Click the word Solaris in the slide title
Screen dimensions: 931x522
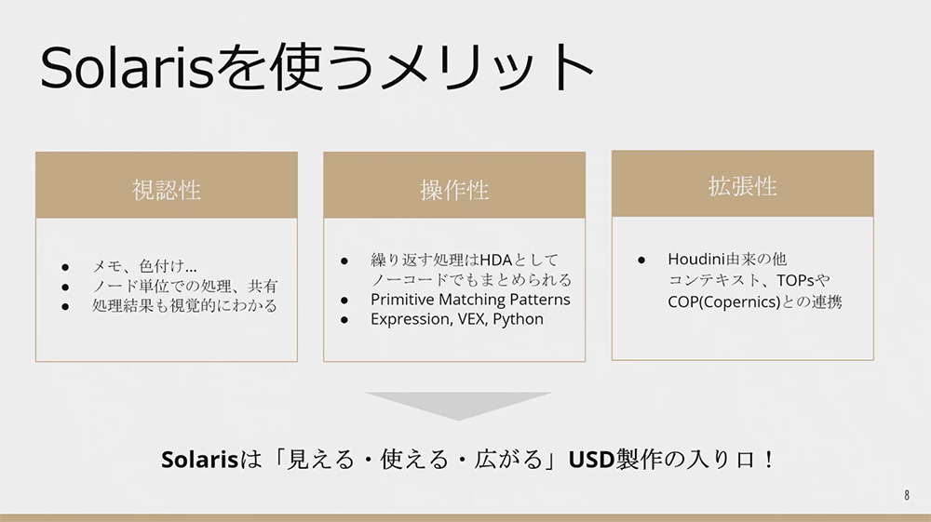click(x=127, y=66)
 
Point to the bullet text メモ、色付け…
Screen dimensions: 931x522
click(x=144, y=266)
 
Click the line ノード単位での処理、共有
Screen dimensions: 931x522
click(x=184, y=286)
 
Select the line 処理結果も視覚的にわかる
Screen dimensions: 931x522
click(x=184, y=305)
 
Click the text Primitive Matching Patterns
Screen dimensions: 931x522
click(x=470, y=300)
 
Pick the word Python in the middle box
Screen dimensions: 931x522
click(x=518, y=319)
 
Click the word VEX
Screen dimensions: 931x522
click(x=473, y=319)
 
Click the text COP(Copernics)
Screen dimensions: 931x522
click(x=723, y=301)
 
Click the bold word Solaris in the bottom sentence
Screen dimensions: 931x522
click(x=199, y=459)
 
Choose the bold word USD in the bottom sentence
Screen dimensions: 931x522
click(x=591, y=459)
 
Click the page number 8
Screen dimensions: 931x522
click(x=907, y=495)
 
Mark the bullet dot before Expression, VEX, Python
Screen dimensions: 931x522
click(x=344, y=320)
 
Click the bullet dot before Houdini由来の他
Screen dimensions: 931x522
click(x=641, y=260)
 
